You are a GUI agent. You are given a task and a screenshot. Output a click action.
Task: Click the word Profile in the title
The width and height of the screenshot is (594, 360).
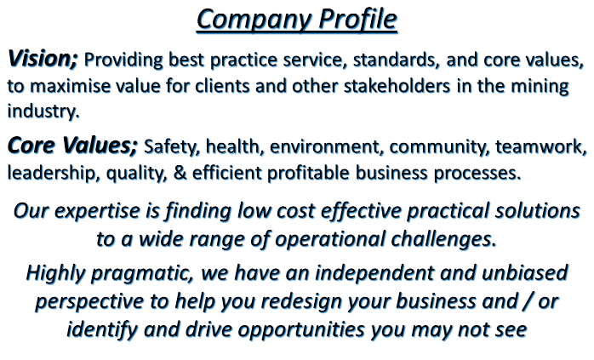[357, 19]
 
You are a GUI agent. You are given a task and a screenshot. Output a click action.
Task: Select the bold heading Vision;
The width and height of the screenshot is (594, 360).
[43, 59]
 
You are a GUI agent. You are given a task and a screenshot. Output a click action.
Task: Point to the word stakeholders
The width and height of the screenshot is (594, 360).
[397, 86]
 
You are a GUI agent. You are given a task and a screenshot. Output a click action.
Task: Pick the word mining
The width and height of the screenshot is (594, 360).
[540, 87]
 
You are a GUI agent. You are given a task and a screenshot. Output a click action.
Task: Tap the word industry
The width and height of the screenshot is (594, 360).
[43, 111]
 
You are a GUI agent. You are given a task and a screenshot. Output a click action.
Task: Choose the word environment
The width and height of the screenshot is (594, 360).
[324, 146]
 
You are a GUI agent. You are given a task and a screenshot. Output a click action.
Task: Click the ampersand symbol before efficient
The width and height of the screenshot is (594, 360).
[180, 173]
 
